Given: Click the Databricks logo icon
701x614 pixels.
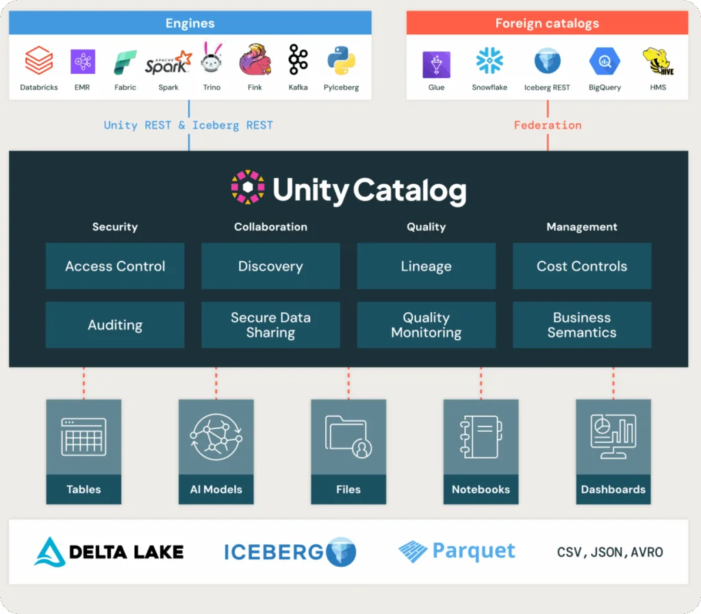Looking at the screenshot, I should point(38,61).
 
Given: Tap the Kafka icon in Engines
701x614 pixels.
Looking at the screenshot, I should point(298,61).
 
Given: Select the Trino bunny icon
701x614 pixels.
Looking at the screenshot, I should point(212,60).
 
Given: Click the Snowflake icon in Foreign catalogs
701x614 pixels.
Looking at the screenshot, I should point(489,62).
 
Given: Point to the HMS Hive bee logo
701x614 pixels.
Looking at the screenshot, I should point(657,62).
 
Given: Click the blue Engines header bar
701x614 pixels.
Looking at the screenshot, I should point(190,23).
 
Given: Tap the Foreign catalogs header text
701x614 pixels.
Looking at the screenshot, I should point(547,23).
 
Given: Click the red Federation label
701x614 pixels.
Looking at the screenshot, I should point(547,125).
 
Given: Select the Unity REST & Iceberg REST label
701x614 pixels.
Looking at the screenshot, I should point(188,125).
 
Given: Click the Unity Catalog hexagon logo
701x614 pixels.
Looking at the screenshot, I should point(247,188).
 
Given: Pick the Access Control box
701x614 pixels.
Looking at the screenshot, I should point(115,266).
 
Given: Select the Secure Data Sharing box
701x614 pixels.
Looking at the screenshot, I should point(270,325).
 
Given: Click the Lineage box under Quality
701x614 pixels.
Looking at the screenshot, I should point(426,266).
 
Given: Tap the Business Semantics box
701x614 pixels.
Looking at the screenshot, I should point(581,325).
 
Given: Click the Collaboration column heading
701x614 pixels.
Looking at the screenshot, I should point(270,227).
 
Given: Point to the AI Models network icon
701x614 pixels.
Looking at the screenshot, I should point(216,437).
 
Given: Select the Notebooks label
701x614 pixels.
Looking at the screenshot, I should point(481,489).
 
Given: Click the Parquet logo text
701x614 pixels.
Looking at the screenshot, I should point(473,551).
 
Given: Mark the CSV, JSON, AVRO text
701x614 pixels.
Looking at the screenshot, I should point(609,552).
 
